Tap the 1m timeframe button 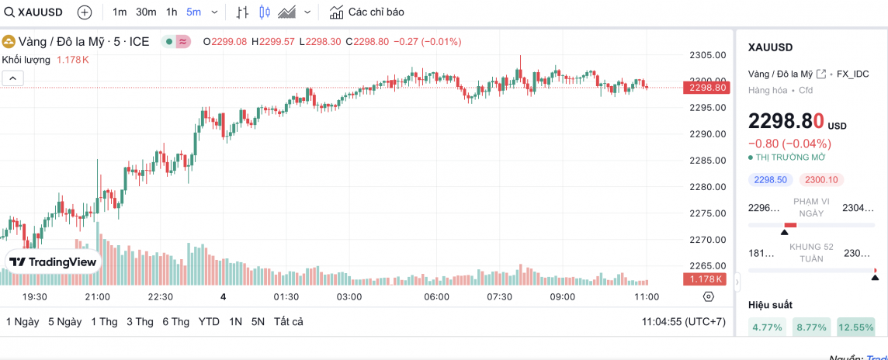[120, 12]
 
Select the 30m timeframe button [146, 12]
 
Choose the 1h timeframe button [172, 12]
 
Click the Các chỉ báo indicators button [367, 12]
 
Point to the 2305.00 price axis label [707, 55]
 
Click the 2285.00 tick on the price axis [707, 161]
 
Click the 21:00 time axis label [97, 297]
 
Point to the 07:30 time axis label [499, 297]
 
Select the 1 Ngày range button [23, 322]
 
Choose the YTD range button [209, 322]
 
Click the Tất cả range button [288, 322]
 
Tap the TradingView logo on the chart [54, 262]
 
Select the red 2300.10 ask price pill [821, 180]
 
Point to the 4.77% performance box [768, 327]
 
